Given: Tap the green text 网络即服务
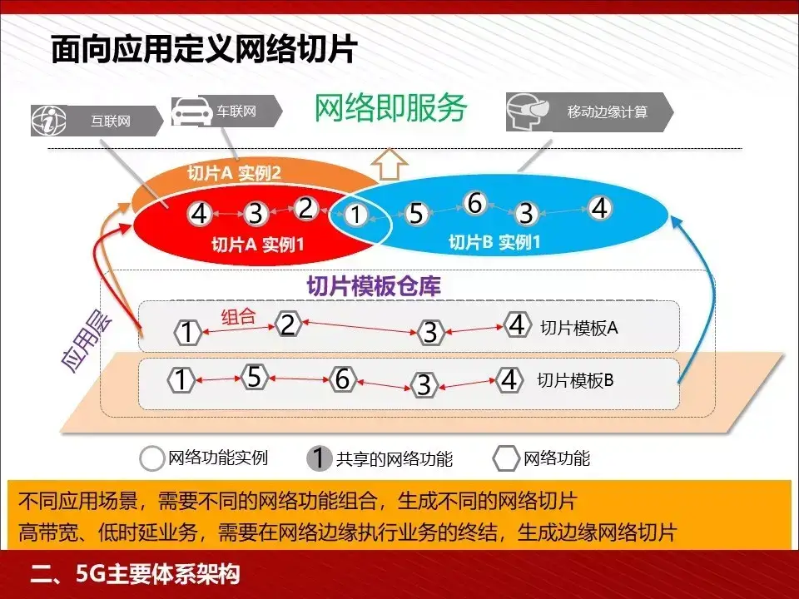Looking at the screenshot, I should point(390,107).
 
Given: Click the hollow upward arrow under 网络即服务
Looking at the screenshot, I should point(389,164).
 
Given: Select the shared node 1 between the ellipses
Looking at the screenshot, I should point(356,215).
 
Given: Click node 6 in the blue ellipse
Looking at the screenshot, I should point(474,203).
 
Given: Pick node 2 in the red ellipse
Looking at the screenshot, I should point(305,208).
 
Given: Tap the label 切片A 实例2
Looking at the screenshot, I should point(234,174).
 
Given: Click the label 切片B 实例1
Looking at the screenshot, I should point(494,243).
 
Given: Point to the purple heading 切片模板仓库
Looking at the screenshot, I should point(374,286).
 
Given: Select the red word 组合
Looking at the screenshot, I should point(238,317).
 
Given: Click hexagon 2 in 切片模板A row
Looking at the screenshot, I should point(288,324).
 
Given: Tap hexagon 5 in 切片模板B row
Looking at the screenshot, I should point(254,377).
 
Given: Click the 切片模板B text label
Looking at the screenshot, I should point(575,381).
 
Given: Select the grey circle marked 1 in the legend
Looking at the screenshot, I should point(319,458).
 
